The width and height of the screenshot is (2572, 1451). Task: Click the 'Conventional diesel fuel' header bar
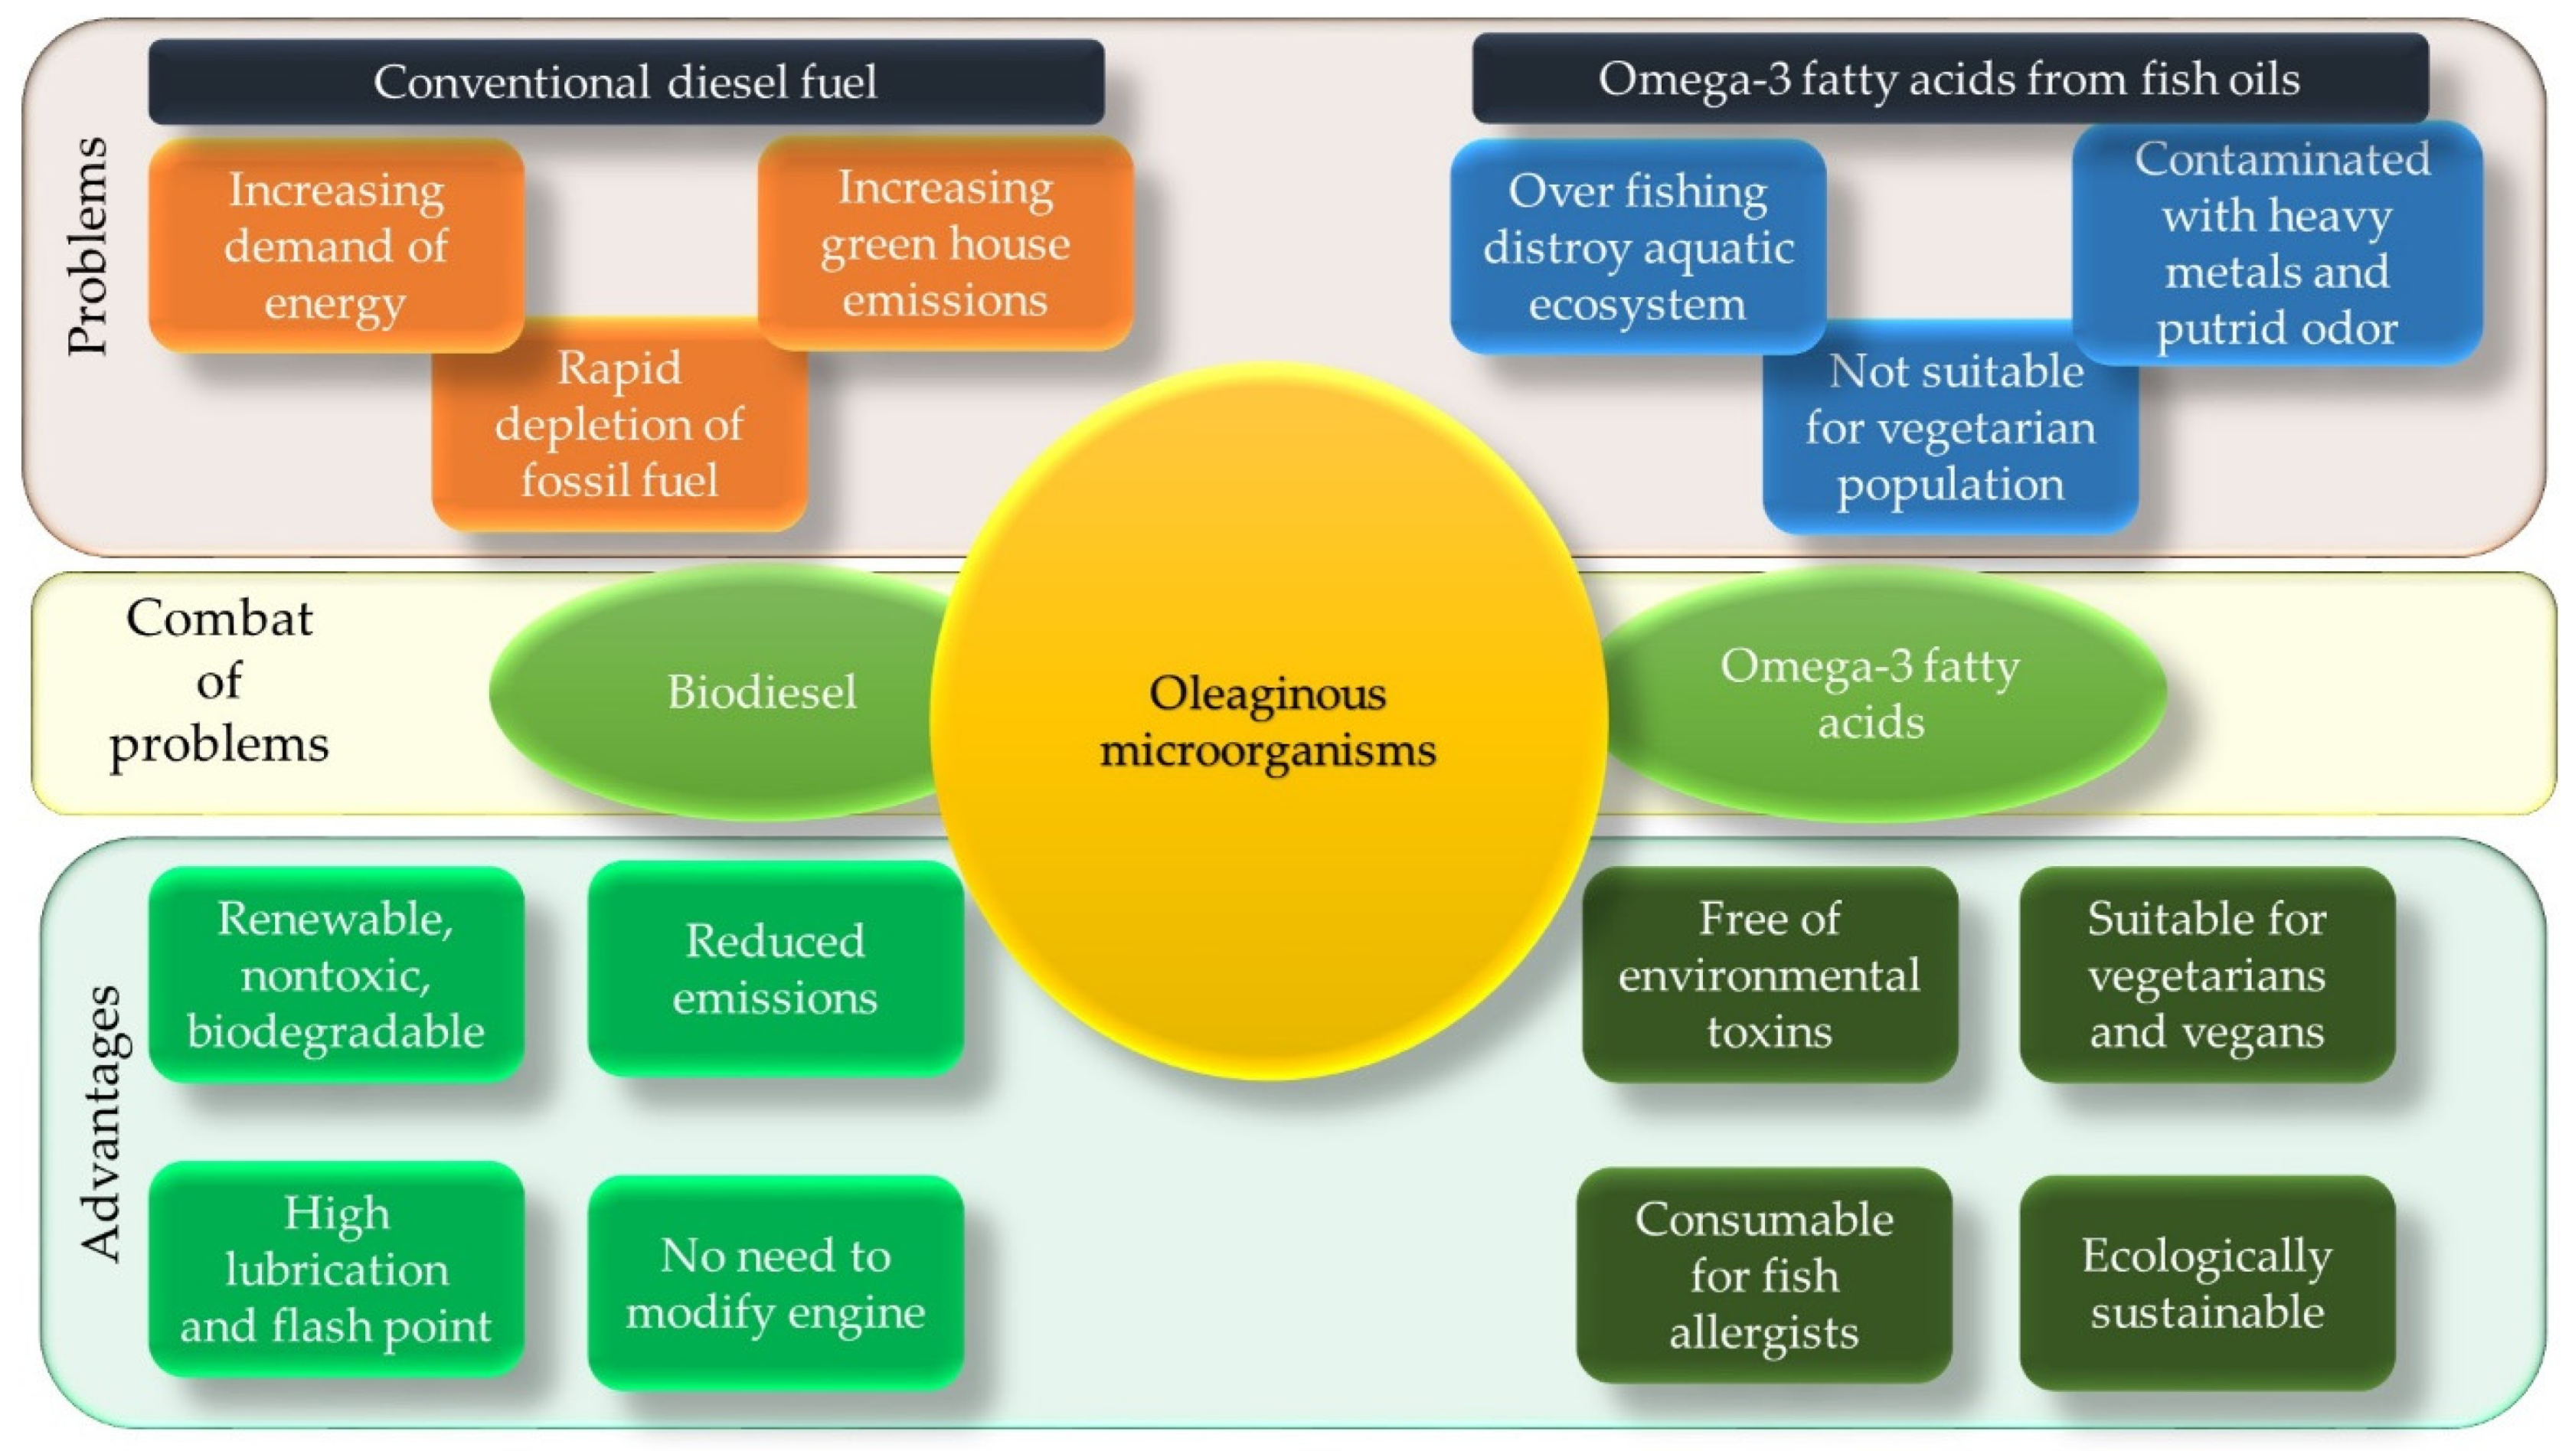626,82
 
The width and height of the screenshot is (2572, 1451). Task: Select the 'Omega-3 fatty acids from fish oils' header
1949,79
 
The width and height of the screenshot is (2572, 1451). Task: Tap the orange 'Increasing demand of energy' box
335,246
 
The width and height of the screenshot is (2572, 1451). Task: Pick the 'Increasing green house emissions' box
945,243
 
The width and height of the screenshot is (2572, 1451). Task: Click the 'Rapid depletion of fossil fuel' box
619,424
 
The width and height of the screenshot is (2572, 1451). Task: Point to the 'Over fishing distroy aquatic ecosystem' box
1637,247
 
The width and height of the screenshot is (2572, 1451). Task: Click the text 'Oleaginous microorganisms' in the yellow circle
1267,721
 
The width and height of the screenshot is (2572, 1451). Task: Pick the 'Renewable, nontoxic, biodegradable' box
335,975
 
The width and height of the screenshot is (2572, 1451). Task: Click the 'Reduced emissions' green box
775,969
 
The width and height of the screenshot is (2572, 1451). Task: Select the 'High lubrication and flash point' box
335,1270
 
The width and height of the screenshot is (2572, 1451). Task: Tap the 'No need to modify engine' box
775,1283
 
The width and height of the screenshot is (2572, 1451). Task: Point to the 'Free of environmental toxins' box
1770,975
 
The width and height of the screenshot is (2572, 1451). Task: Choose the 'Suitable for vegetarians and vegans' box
2207,975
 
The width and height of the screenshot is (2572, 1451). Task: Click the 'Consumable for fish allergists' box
1764,1275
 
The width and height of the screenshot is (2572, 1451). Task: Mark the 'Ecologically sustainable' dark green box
2207,1283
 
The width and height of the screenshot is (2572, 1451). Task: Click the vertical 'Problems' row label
88,246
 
